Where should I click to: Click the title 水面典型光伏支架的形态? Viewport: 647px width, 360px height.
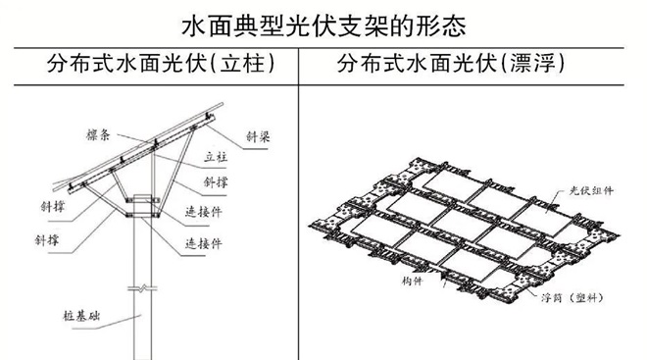[x=323, y=26]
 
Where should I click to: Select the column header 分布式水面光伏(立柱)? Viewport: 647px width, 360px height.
[x=161, y=64]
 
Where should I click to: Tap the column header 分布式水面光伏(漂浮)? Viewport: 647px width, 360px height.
[x=451, y=64]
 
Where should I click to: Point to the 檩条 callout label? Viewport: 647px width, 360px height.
[x=98, y=134]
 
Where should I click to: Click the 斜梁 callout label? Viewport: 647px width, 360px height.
[x=258, y=136]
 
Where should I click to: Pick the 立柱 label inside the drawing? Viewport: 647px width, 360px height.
[x=216, y=157]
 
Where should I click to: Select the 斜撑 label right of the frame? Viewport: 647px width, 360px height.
[x=216, y=182]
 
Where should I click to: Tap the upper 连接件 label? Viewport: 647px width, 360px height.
[x=204, y=212]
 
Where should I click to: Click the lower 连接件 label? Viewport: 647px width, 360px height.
[x=204, y=243]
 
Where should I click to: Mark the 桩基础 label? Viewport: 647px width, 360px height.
[x=81, y=316]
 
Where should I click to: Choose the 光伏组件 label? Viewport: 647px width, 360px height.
[x=591, y=190]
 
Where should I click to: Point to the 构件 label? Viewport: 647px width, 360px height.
[x=412, y=282]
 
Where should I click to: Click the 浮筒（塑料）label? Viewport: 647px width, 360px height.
[x=572, y=297]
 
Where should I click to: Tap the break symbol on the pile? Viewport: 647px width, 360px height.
[x=142, y=287]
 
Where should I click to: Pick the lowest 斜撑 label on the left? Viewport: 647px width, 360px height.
[x=47, y=240]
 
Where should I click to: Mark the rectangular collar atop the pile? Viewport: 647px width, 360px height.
[x=143, y=206]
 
